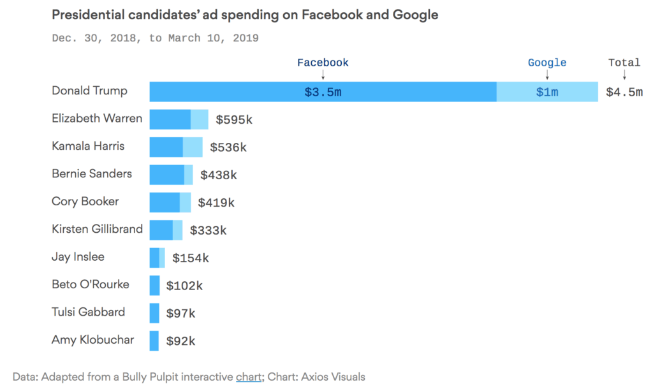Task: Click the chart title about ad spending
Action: click(245, 15)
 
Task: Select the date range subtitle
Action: click(155, 38)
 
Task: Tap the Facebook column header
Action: click(323, 62)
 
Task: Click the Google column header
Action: click(547, 62)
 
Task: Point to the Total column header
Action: click(624, 62)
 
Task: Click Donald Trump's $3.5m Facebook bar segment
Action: click(323, 92)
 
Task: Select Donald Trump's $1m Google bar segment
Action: click(547, 92)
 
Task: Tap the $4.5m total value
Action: click(624, 92)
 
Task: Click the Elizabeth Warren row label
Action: click(97, 119)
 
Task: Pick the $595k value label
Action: click(234, 120)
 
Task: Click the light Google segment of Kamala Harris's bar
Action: click(193, 147)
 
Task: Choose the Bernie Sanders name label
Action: click(92, 173)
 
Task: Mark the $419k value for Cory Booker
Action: click(216, 203)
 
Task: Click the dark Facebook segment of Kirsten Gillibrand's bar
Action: click(161, 230)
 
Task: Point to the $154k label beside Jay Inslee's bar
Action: click(190, 258)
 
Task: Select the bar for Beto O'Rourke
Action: click(154, 286)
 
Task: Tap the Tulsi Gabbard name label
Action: click(88, 312)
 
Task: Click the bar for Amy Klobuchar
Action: click(154, 341)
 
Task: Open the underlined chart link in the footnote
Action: click(248, 377)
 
